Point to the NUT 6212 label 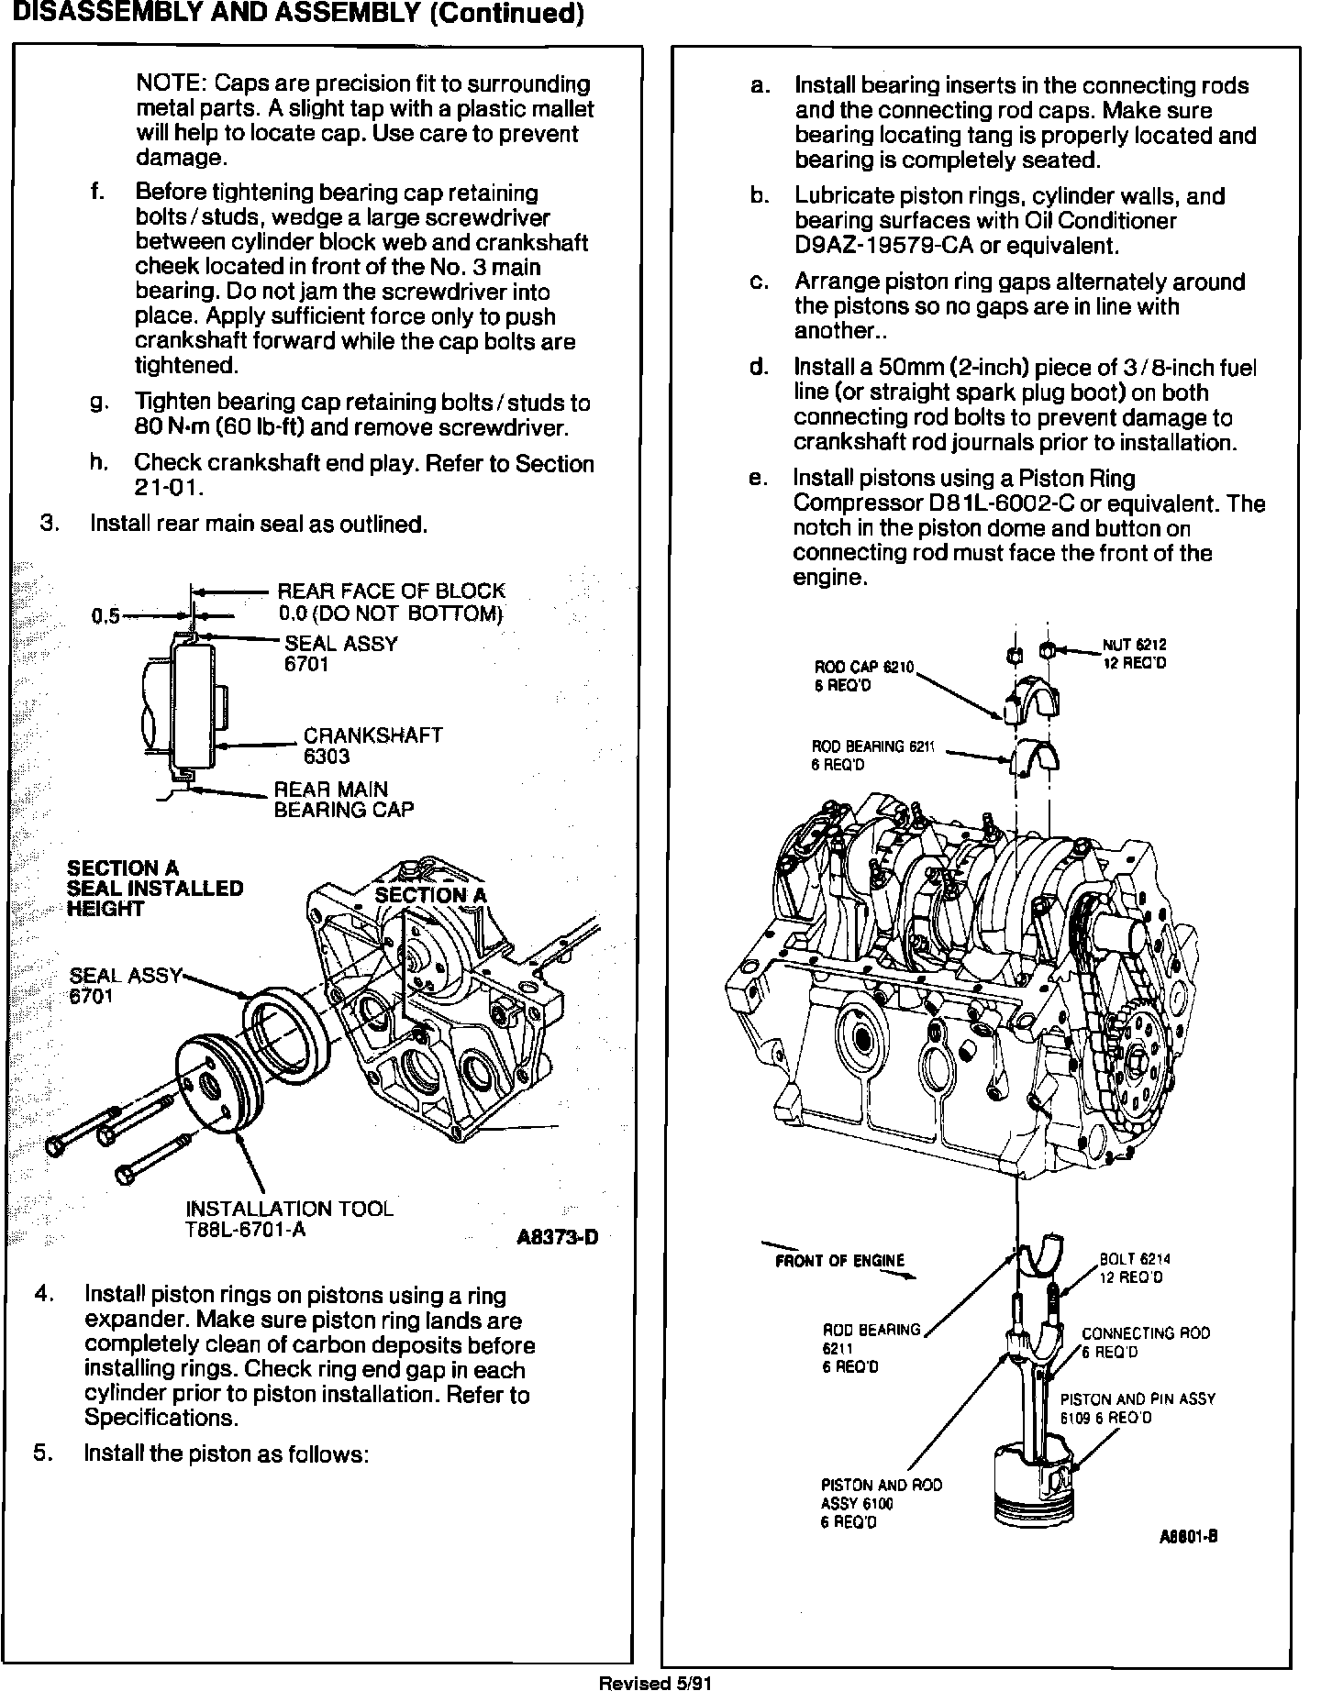(1135, 654)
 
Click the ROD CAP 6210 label (864, 676)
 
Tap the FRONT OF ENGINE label (839, 1260)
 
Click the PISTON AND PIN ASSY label (1138, 1408)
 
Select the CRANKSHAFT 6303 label (372, 746)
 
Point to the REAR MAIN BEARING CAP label (344, 799)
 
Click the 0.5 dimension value (105, 616)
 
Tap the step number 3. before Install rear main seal (50, 524)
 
